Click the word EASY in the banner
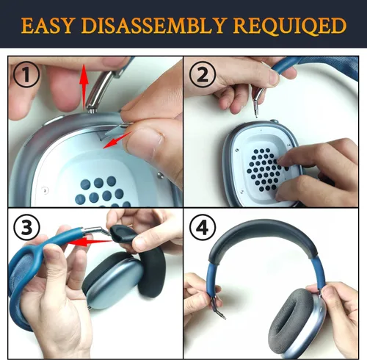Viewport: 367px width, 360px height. [x=47, y=26]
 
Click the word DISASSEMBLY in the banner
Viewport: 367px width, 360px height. [x=153, y=26]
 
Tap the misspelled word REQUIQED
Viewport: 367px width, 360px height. [x=289, y=26]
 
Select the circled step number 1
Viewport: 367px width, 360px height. [x=26, y=74]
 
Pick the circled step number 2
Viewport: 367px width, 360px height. [x=203, y=74]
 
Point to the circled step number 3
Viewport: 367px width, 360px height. [x=26, y=227]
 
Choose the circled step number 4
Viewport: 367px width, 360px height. [x=203, y=227]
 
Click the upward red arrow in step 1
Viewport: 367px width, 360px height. [x=84, y=86]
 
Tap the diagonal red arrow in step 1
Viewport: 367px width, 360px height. [x=117, y=140]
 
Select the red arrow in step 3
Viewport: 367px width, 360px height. [x=90, y=242]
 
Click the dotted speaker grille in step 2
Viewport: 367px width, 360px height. [x=266, y=170]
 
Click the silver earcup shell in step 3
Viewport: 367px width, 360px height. [x=113, y=281]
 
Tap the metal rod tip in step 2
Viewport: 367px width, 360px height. [x=256, y=109]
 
